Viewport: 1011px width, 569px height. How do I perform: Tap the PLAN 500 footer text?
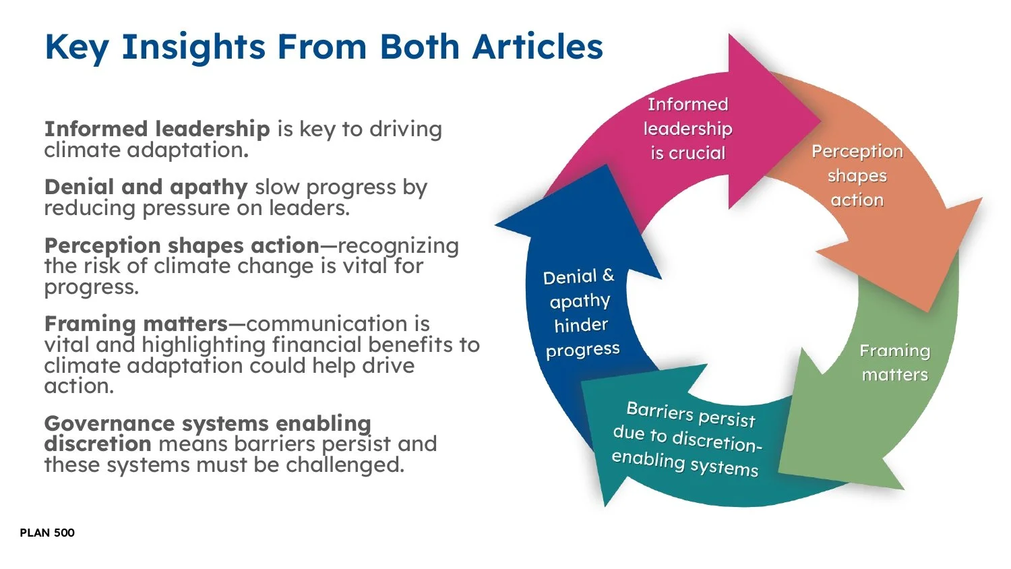point(47,533)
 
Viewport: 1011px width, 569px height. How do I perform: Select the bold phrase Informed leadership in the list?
point(157,128)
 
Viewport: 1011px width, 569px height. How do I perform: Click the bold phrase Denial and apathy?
point(146,186)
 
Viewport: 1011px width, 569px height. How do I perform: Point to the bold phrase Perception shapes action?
point(181,245)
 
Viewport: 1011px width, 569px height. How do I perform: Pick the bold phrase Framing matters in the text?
point(135,324)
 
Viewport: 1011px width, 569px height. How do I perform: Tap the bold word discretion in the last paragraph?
point(97,444)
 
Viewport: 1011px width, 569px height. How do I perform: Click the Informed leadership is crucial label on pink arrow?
point(687,128)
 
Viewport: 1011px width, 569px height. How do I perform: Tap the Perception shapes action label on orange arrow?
point(857,175)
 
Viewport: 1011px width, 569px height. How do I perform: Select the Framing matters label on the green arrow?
point(894,363)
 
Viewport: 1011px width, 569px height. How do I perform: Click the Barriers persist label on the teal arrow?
point(687,438)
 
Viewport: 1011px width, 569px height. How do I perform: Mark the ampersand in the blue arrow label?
point(608,274)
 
